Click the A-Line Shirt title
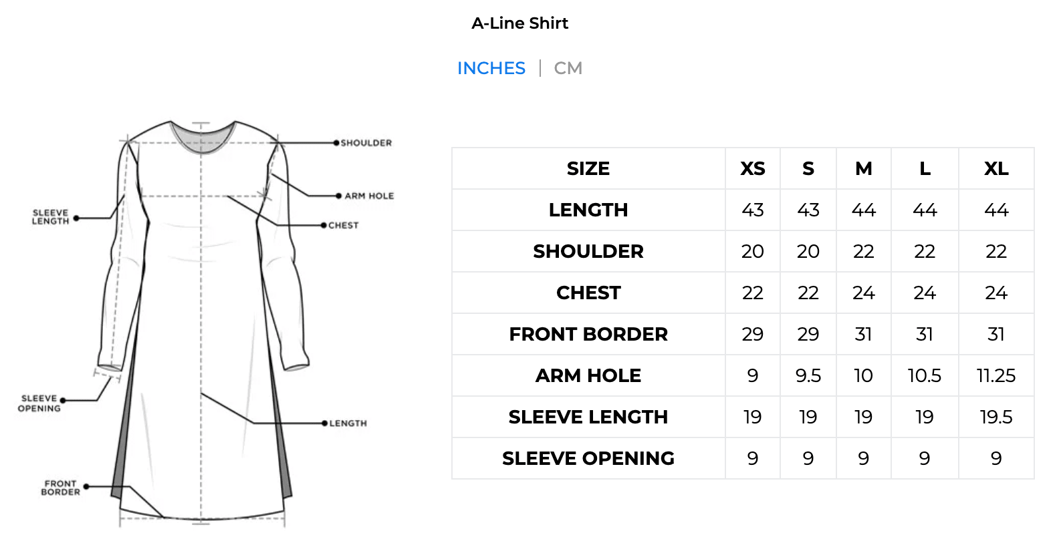tap(520, 23)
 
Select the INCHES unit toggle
tap(491, 68)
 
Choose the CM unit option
tap(568, 68)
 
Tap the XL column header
tap(996, 169)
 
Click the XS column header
tap(753, 169)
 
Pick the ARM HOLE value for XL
tap(996, 376)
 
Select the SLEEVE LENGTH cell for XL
tap(996, 417)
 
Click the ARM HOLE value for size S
tap(808, 376)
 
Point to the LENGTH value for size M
tap(863, 210)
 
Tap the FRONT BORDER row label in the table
tap(588, 335)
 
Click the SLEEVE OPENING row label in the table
tap(588, 459)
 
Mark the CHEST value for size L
tap(925, 293)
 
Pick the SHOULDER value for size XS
tap(753, 252)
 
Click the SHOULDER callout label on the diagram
tap(366, 143)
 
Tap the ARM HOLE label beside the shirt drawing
tap(369, 196)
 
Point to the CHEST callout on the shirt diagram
tap(344, 225)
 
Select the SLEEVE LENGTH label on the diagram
tap(50, 217)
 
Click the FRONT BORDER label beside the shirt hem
tap(61, 488)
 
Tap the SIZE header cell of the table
tap(588, 169)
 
